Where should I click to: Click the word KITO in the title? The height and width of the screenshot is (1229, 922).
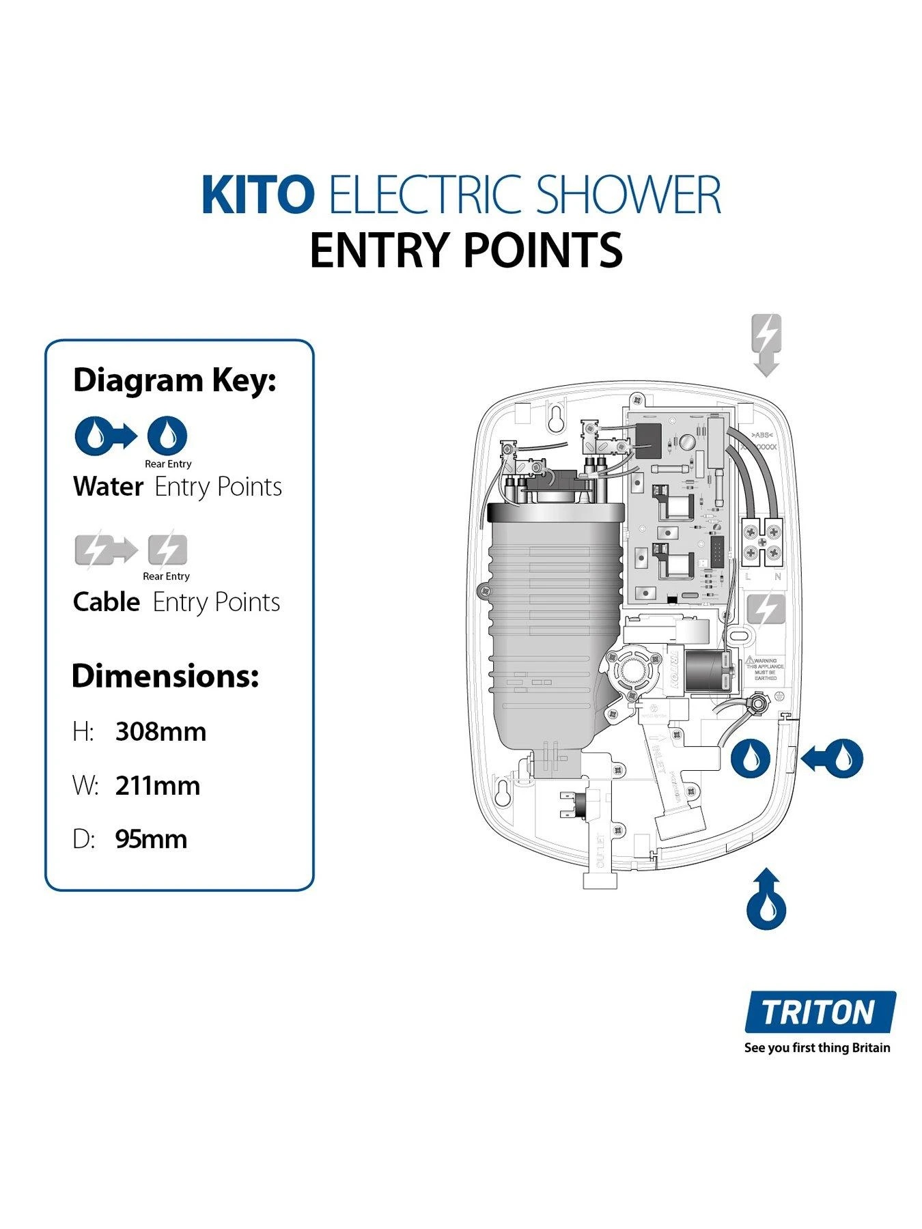coord(257,195)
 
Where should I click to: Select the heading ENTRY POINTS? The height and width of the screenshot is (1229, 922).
coord(466,251)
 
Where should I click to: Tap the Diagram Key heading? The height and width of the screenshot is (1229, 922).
coord(174,380)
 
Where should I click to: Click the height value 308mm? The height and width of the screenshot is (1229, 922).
coord(160,731)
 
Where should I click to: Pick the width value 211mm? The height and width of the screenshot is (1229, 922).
coord(158,786)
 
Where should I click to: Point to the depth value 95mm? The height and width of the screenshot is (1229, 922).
coord(151,839)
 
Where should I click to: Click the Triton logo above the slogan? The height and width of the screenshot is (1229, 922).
coord(819,1012)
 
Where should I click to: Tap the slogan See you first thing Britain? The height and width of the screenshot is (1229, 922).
coord(817,1048)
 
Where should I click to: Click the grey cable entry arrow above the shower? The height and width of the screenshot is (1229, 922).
coord(766,345)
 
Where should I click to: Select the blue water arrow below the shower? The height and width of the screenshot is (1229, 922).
coord(766,899)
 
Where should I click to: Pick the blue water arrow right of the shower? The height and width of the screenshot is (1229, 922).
coord(833,759)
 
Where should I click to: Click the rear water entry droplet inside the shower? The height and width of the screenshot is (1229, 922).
coord(751,759)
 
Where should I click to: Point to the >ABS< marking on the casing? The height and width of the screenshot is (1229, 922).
coord(762,435)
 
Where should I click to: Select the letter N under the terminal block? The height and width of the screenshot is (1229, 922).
coord(777,577)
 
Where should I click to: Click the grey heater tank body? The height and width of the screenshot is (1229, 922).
coord(553,614)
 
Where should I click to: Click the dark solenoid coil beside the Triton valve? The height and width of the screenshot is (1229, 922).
coord(708,670)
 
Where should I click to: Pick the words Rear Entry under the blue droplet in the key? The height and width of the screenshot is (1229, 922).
coord(168,464)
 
